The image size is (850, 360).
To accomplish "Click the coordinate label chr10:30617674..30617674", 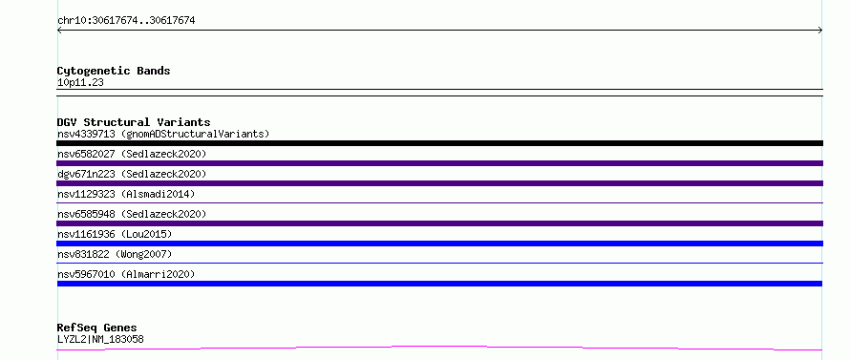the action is click(x=126, y=21).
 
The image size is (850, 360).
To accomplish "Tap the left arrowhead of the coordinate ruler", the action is click(x=59, y=31).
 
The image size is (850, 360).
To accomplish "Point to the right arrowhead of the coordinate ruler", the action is click(x=820, y=31).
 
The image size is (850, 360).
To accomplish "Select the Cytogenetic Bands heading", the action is click(x=114, y=71).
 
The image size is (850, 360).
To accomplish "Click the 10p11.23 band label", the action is click(x=80, y=83).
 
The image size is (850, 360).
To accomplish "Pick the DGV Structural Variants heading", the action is click(x=134, y=122).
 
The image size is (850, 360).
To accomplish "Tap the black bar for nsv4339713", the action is click(x=439, y=143).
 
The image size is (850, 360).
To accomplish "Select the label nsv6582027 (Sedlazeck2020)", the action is click(x=132, y=154).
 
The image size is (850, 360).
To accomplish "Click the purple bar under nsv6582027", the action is click(x=439, y=163).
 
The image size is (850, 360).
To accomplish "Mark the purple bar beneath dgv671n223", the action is click(x=439, y=183).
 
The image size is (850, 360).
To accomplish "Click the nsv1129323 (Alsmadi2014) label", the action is click(x=126, y=194).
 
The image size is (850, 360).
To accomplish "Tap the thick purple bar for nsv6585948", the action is click(x=439, y=223).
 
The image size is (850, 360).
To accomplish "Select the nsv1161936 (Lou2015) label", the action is click(x=115, y=234).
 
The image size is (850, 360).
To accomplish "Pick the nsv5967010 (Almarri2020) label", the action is click(x=126, y=274).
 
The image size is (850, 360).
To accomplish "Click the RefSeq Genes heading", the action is click(x=97, y=328).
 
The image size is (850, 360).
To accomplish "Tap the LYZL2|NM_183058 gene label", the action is click(x=100, y=339).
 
